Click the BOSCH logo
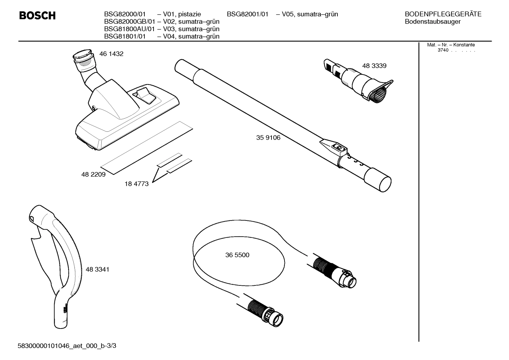[37, 16]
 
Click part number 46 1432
[111, 54]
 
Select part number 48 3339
[374, 66]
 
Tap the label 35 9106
[268, 138]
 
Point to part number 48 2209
[93, 175]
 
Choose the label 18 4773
[137, 184]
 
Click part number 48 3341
[97, 270]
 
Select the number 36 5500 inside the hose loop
[237, 255]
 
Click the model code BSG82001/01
[247, 14]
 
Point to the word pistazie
[190, 14]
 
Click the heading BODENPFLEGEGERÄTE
[443, 14]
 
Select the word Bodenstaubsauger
[432, 22]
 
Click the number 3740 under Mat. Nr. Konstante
[443, 50]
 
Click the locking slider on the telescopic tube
[337, 147]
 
